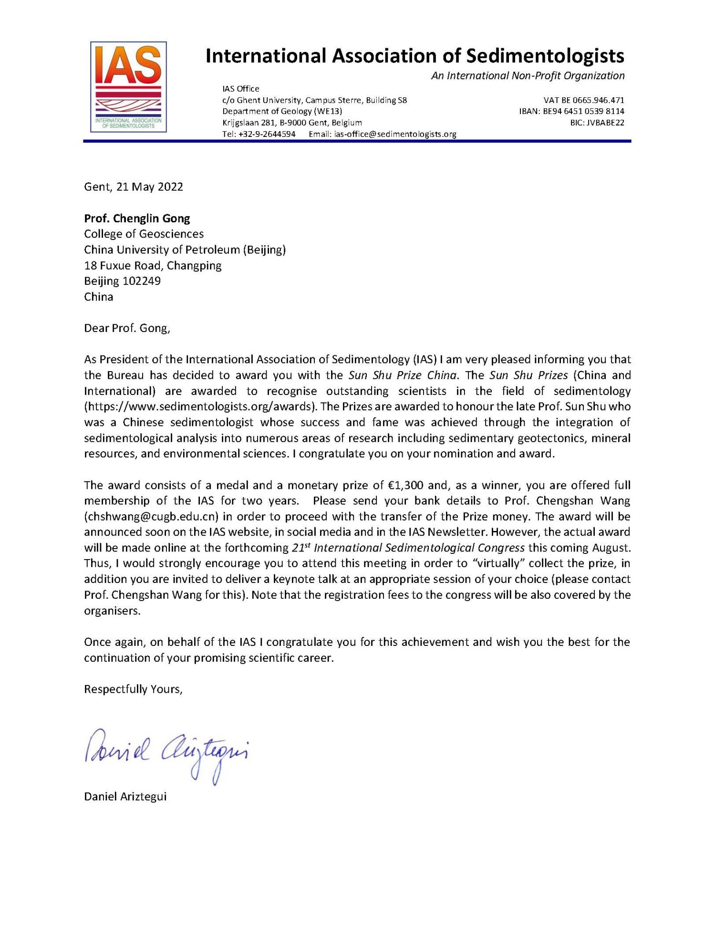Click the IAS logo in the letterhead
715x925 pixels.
point(128,86)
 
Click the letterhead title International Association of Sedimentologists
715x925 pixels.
point(414,56)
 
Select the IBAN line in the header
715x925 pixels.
point(571,111)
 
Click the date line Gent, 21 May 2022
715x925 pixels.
point(134,187)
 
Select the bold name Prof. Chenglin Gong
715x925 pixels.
point(137,218)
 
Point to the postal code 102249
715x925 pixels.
point(142,281)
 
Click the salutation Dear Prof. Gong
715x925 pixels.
point(127,328)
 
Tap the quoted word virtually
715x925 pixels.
point(496,563)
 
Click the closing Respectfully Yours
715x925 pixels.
point(133,689)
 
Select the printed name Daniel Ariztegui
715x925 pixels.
point(125,797)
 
